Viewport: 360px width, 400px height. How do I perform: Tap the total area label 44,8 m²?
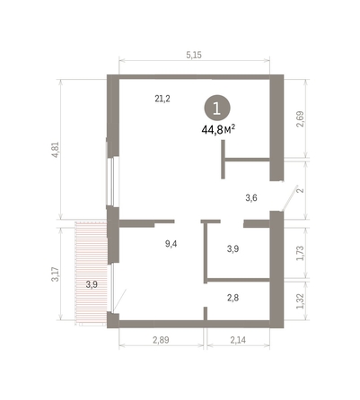point(218,129)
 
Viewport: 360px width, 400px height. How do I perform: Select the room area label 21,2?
point(162,99)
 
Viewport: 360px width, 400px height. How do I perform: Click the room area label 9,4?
point(170,243)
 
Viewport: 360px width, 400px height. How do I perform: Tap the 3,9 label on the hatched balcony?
point(91,284)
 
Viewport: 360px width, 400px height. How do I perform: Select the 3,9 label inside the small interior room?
point(233,248)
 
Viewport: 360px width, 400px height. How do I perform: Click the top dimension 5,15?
point(194,56)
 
